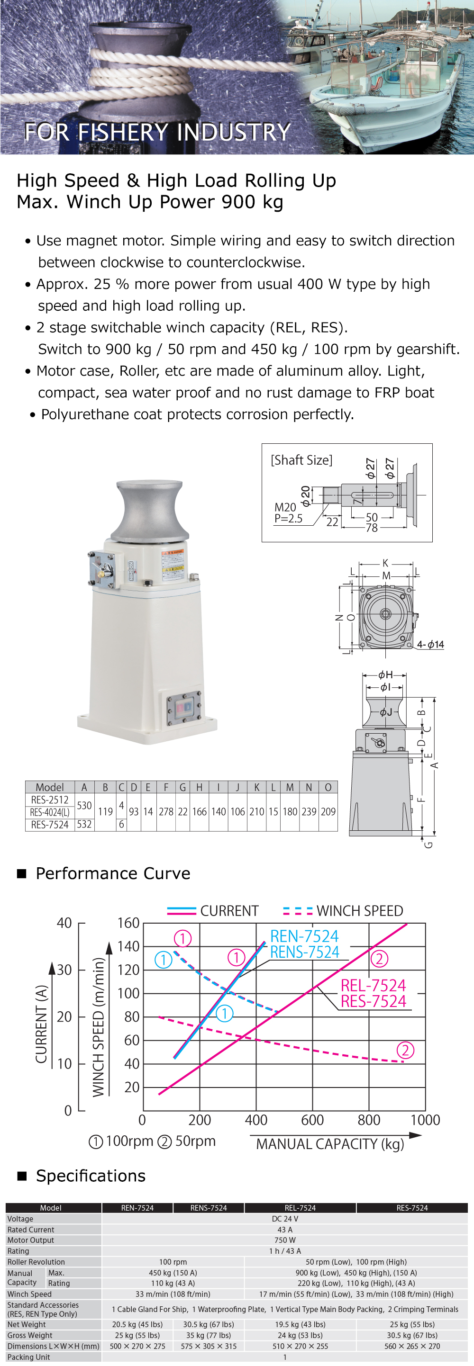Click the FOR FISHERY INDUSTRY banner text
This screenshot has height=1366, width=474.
coord(158,132)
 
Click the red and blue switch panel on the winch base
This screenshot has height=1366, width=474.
coord(183,709)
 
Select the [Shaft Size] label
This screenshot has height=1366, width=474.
coord(301,460)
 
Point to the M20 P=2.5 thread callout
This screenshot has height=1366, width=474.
coord(288,513)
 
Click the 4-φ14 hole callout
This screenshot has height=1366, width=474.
coord(430,644)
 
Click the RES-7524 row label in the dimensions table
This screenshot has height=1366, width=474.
coord(49,825)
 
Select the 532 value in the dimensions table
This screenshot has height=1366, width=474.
coord(84,824)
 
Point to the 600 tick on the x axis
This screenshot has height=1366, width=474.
coord(312,1120)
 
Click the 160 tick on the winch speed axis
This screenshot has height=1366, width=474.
coord(128,923)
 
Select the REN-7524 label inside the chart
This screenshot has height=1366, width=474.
coord(304,936)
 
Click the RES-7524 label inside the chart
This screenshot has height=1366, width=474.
coord(373,1001)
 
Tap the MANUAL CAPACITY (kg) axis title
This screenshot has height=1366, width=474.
coord(329,1144)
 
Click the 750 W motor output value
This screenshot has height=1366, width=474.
coord(284,1240)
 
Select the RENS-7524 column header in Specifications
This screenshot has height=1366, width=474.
coord(209,1207)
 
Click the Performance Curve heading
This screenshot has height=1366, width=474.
coord(112,873)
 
